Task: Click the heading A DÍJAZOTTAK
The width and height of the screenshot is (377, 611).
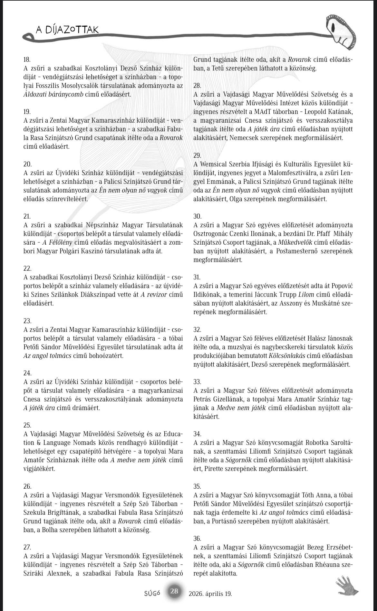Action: point(67,30)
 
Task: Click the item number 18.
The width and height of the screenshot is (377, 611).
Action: point(27,60)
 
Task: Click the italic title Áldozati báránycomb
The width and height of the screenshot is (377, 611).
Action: point(53,95)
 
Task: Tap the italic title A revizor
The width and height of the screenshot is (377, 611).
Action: point(153,295)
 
